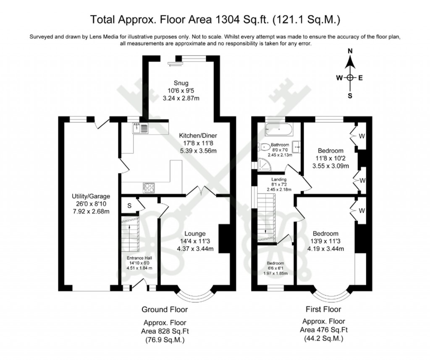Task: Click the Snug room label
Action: pos(182,82)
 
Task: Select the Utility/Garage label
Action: pos(90,196)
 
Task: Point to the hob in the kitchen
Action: pos(149,188)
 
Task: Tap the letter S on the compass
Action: pos(350,95)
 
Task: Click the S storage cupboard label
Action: pos(129,205)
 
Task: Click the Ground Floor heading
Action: pos(164,310)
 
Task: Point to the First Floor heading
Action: pos(323,309)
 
